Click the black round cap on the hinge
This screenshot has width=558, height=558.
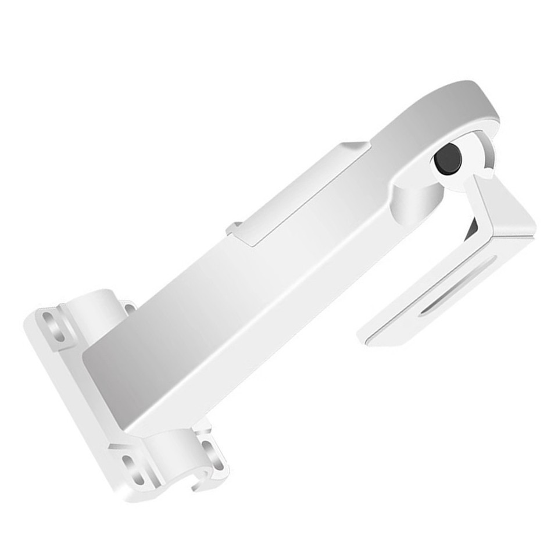coord(448,158)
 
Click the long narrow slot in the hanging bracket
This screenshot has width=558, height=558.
coord(459,285)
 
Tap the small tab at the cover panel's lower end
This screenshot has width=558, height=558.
coord(234,228)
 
